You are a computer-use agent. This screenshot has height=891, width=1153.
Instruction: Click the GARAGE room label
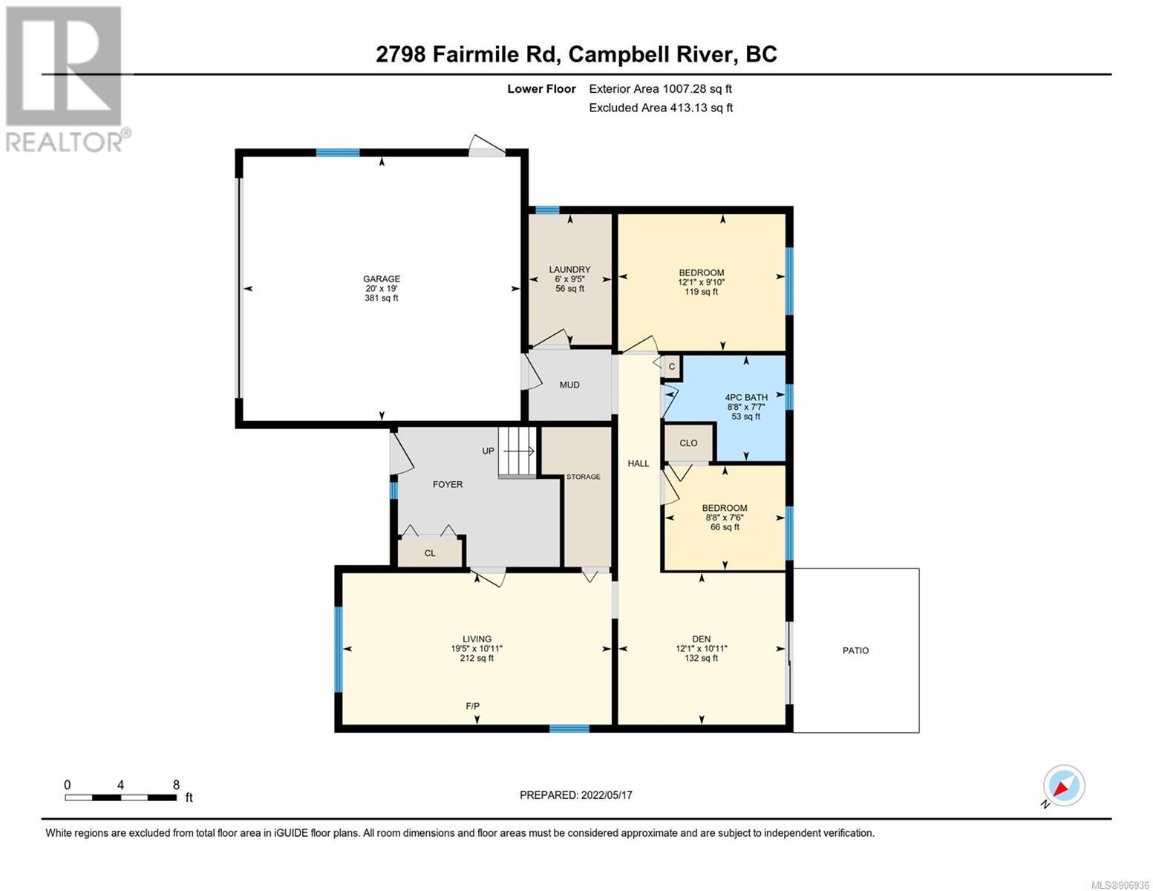click(382, 278)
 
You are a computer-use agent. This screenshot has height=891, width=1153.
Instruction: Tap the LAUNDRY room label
click(569, 270)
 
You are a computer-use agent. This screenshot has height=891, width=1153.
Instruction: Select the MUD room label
click(569, 385)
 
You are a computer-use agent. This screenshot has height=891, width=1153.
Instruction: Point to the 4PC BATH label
click(746, 397)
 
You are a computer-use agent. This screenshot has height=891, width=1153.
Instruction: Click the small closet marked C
click(672, 367)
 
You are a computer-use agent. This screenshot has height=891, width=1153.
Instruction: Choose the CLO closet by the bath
click(688, 443)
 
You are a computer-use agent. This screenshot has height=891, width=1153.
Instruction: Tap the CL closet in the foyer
click(430, 553)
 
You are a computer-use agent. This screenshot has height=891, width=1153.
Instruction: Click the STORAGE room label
click(583, 477)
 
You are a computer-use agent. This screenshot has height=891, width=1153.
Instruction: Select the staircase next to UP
click(517, 451)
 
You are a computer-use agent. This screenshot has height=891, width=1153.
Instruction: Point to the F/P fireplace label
click(472, 706)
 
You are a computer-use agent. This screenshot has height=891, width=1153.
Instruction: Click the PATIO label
click(855, 650)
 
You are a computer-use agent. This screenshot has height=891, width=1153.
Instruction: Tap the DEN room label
click(701, 639)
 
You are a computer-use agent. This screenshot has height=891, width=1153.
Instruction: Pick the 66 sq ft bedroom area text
click(725, 527)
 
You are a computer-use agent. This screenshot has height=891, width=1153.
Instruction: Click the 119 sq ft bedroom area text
click(701, 291)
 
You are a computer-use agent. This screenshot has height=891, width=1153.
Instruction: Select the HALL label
click(638, 463)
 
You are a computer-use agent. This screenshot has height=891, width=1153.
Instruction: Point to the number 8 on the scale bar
click(176, 784)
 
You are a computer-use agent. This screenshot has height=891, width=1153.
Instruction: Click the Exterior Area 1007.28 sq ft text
click(660, 88)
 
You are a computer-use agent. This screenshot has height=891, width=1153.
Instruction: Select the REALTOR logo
click(66, 79)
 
